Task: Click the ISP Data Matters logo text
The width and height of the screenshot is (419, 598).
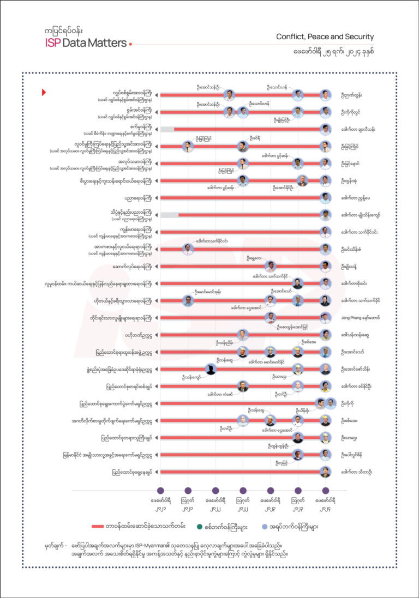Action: pyautogui.click(x=86, y=43)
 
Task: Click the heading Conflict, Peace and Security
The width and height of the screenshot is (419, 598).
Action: pyautogui.click(x=325, y=37)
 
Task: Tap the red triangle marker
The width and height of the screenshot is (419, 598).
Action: pyautogui.click(x=44, y=92)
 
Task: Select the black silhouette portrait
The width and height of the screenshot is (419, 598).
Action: pyautogui.click(x=211, y=369)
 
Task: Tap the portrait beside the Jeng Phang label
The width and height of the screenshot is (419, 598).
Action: pyautogui.click(x=325, y=317)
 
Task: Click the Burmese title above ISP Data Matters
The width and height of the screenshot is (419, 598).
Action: pyautogui.click(x=65, y=32)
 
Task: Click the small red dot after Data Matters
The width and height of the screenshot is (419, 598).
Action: pyautogui.click(x=130, y=44)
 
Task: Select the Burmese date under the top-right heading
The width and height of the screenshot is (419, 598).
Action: pyautogui.click(x=339, y=53)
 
